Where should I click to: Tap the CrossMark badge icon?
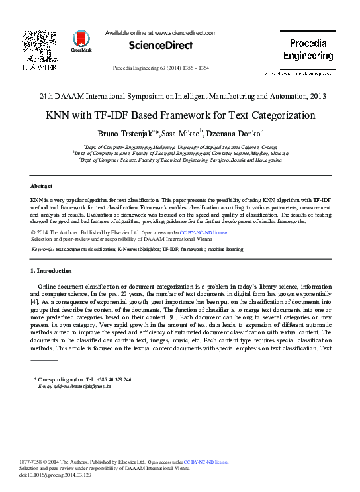point(82,41)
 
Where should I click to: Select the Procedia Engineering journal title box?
point(308,50)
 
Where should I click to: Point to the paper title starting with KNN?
point(180,115)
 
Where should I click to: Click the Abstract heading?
point(42,186)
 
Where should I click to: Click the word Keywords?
point(42,249)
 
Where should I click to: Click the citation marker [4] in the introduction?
point(35,302)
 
